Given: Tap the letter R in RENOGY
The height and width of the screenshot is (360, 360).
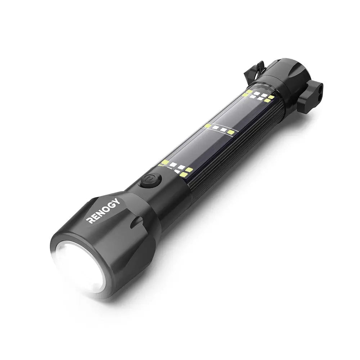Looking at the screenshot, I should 91,220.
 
